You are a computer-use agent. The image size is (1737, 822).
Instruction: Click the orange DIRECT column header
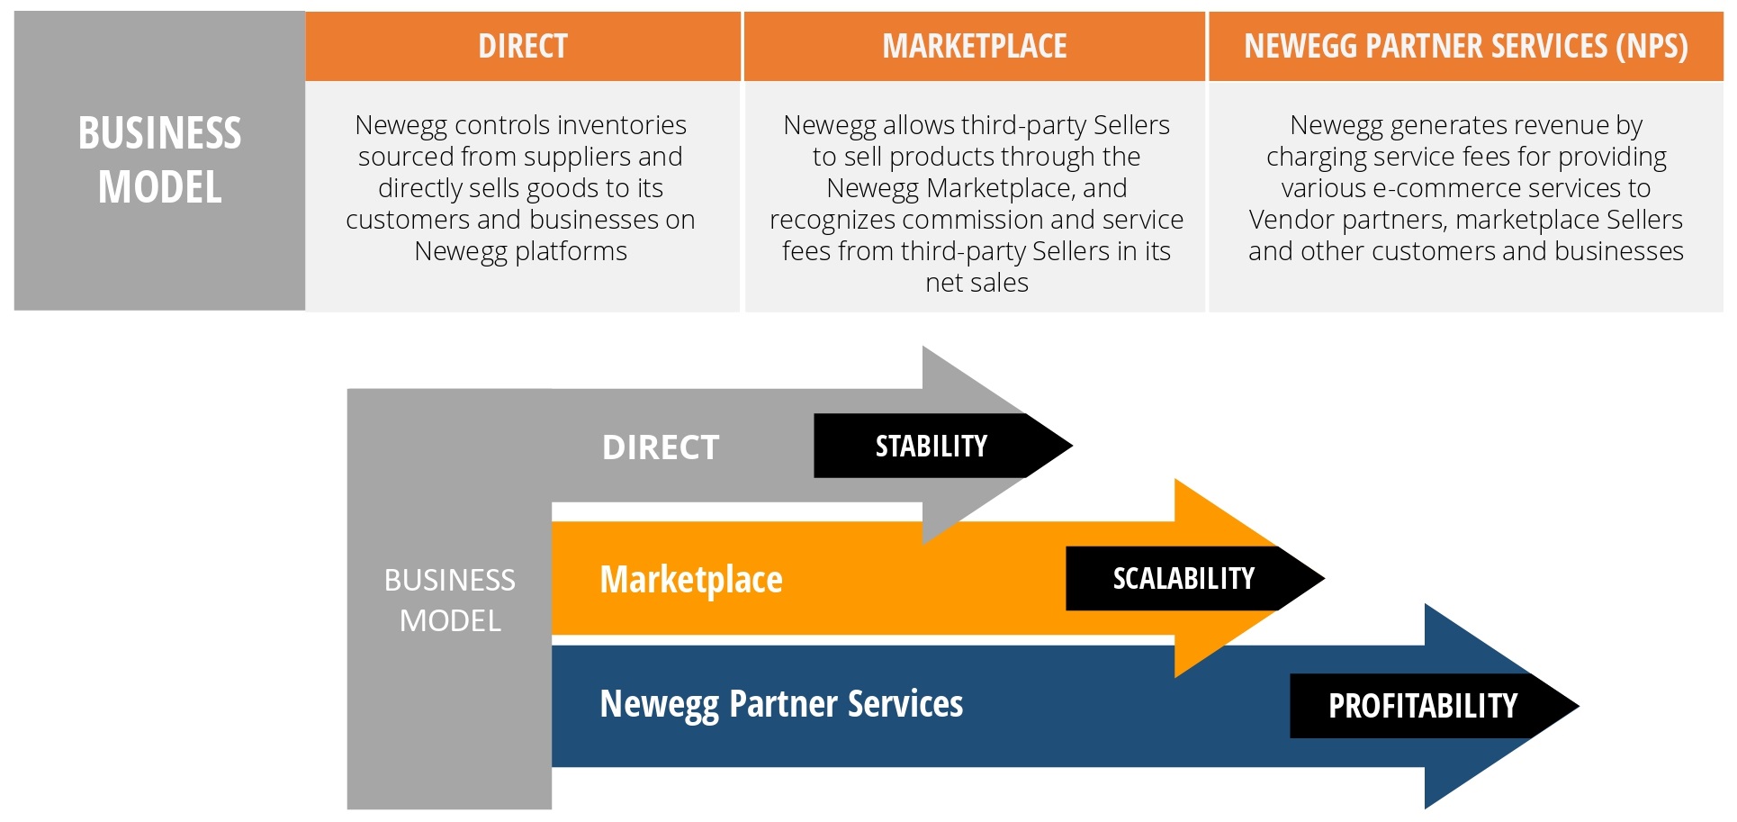522,46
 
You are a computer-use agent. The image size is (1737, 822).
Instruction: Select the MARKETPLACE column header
974,46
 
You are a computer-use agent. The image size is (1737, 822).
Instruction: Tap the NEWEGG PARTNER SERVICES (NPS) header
1465,46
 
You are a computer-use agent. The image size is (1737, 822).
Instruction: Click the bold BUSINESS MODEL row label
159,160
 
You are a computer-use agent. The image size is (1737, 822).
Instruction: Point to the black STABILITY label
931,446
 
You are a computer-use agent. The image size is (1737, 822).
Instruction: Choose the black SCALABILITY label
1183,578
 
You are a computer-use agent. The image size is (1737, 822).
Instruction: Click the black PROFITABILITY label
1422,706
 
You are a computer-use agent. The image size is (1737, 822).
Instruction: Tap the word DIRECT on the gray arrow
661,447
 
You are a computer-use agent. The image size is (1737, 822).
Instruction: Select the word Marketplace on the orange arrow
690,580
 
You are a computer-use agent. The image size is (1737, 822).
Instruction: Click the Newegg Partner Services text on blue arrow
781,704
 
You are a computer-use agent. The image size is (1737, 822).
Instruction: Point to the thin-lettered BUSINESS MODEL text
450,600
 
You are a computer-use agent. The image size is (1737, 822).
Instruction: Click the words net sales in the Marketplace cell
976,283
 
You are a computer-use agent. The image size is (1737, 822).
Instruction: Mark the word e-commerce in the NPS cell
1438,188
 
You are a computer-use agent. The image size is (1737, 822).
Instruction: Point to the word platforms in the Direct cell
571,251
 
